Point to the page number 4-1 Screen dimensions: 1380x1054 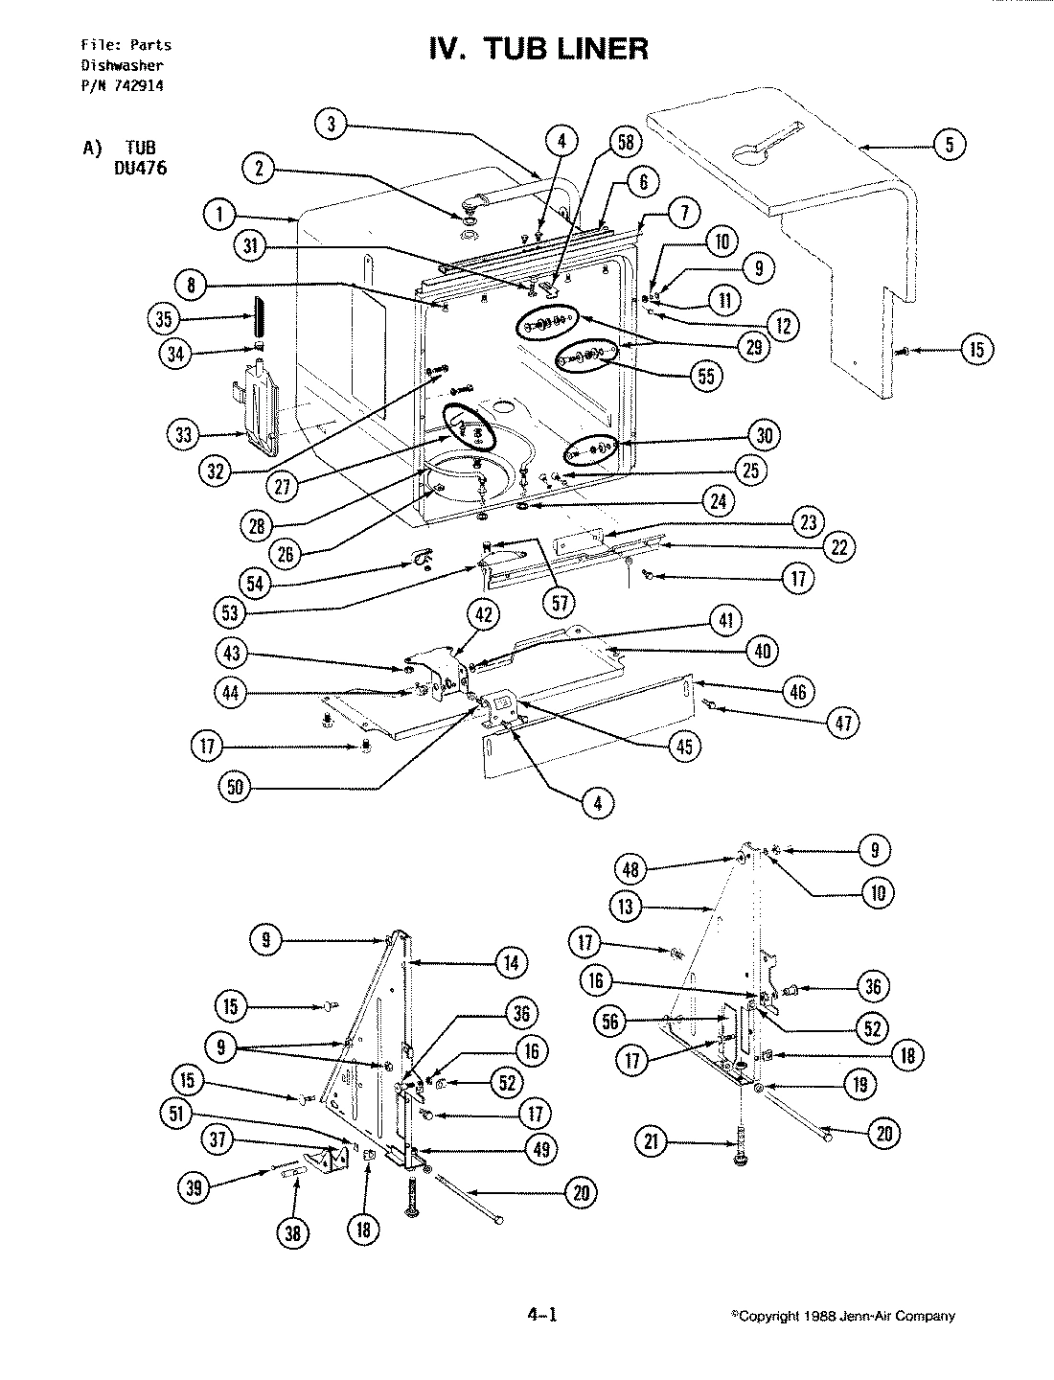[541, 1315]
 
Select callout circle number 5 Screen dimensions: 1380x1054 [949, 147]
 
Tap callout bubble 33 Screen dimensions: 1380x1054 [184, 434]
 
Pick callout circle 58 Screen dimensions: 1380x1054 [625, 143]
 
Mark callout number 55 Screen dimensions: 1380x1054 [708, 375]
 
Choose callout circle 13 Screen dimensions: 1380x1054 [626, 907]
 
